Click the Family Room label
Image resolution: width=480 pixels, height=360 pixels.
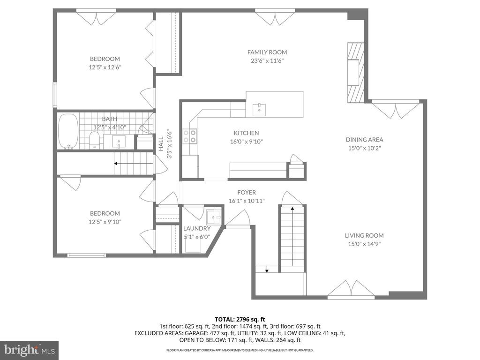point(267,52)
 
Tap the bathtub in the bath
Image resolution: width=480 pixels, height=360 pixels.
point(68,131)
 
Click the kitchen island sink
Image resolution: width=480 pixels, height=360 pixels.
point(259,110)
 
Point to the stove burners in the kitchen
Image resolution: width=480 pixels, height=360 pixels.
point(189,136)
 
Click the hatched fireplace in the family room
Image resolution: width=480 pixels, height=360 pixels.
point(356,73)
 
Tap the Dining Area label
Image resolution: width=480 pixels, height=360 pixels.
point(364,140)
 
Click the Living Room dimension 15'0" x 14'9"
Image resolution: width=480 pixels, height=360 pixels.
point(364,244)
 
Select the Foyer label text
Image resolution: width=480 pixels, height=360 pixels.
point(247,192)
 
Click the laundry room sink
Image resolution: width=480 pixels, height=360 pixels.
point(213,217)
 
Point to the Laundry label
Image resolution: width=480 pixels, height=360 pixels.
point(197,228)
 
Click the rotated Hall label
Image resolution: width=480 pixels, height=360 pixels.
point(161,143)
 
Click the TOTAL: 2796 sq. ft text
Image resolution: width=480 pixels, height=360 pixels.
point(240,320)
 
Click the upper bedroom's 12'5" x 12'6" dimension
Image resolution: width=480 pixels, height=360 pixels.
point(105,67)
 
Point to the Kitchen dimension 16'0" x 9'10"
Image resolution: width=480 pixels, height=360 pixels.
point(247,142)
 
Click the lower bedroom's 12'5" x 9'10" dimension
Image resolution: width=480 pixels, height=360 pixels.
point(105,222)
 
